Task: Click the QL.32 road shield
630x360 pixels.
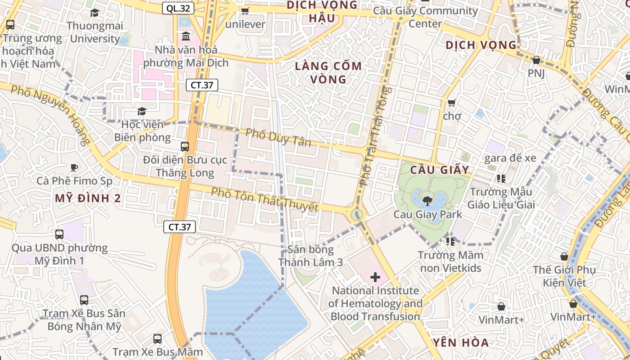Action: tap(178, 8)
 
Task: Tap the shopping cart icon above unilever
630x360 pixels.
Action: tap(245, 11)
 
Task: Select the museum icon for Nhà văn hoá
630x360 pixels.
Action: tap(185, 36)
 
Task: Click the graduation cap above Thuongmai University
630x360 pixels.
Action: tap(94, 13)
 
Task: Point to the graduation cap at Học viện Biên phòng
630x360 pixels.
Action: tap(142, 111)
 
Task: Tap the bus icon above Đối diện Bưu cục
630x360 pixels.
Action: tap(185, 146)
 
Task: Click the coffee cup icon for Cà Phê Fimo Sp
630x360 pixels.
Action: tap(74, 168)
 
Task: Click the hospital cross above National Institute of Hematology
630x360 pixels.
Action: tap(375, 277)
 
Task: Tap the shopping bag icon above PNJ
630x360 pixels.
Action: tap(536, 60)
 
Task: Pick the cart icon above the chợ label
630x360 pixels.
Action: tap(452, 103)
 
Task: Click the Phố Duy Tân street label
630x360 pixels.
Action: tap(279, 137)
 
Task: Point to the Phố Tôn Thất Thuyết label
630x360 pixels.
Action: tap(265, 199)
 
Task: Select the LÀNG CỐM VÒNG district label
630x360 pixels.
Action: tap(328, 72)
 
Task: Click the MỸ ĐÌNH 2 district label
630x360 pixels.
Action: tap(88, 198)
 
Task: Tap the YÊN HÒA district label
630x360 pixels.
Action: tap(461, 342)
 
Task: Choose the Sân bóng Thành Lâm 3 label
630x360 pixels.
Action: tap(310, 256)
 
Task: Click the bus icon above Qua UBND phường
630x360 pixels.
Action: tap(59, 234)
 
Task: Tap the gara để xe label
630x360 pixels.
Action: tap(510, 158)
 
